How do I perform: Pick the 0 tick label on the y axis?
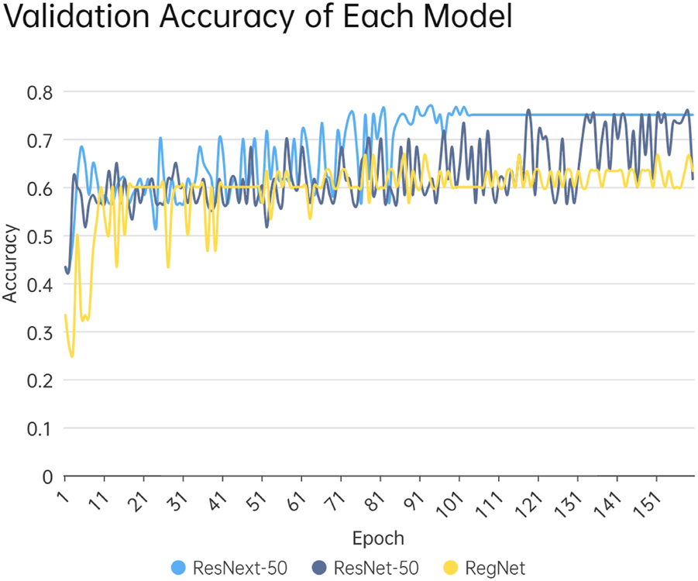[x=47, y=476]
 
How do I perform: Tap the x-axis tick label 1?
[x=62, y=493]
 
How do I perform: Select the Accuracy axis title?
[x=10, y=263]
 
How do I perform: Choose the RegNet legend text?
[x=495, y=568]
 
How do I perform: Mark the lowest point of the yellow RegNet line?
[x=72, y=356]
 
